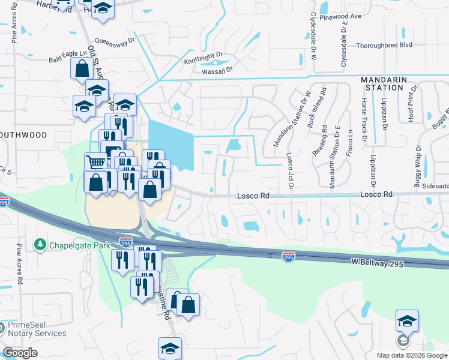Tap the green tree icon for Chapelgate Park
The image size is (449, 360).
pyautogui.click(x=40, y=245)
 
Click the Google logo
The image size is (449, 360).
pyautogui.click(x=20, y=353)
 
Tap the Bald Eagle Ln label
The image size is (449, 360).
pyautogui.click(x=67, y=53)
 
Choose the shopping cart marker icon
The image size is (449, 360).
pyautogui.click(x=95, y=161)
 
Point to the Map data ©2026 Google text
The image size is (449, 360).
pyautogui.click(x=412, y=355)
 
